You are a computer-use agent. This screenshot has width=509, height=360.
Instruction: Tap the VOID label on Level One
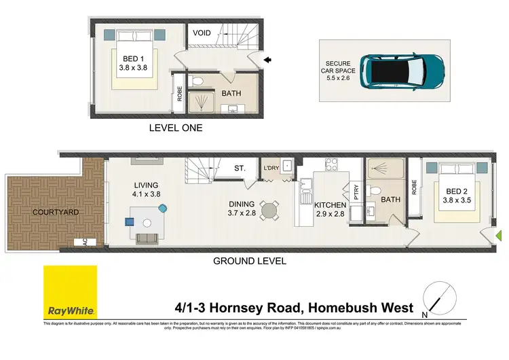click(x=202, y=33)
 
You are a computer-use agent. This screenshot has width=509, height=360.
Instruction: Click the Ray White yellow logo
click(x=70, y=292)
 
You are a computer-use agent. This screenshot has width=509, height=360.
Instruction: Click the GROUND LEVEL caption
click(x=250, y=260)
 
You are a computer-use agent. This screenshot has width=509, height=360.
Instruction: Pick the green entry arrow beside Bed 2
click(x=499, y=236)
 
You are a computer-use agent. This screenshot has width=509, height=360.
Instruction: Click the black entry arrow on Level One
click(x=268, y=60)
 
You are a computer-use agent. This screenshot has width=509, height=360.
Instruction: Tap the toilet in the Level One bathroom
click(x=197, y=81)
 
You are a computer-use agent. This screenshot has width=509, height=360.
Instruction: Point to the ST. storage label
click(x=240, y=168)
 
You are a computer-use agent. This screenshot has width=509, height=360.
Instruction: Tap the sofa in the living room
click(x=147, y=238)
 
